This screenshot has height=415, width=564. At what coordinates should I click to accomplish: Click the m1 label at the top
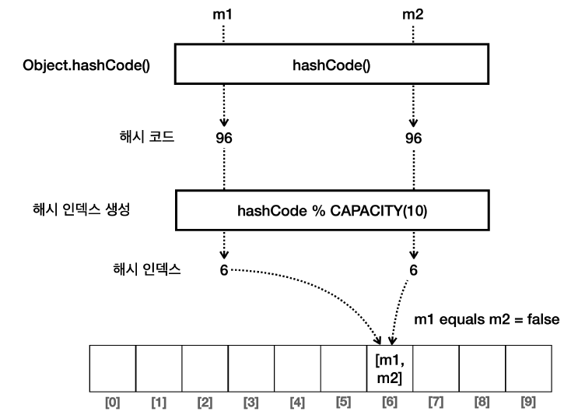point(224,14)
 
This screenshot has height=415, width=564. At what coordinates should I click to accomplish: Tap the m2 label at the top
point(413,14)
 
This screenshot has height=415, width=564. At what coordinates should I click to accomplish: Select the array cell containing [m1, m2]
point(390,370)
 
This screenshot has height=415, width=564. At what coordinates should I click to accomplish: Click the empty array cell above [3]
point(251,370)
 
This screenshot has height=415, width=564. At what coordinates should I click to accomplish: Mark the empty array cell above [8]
point(482,370)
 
